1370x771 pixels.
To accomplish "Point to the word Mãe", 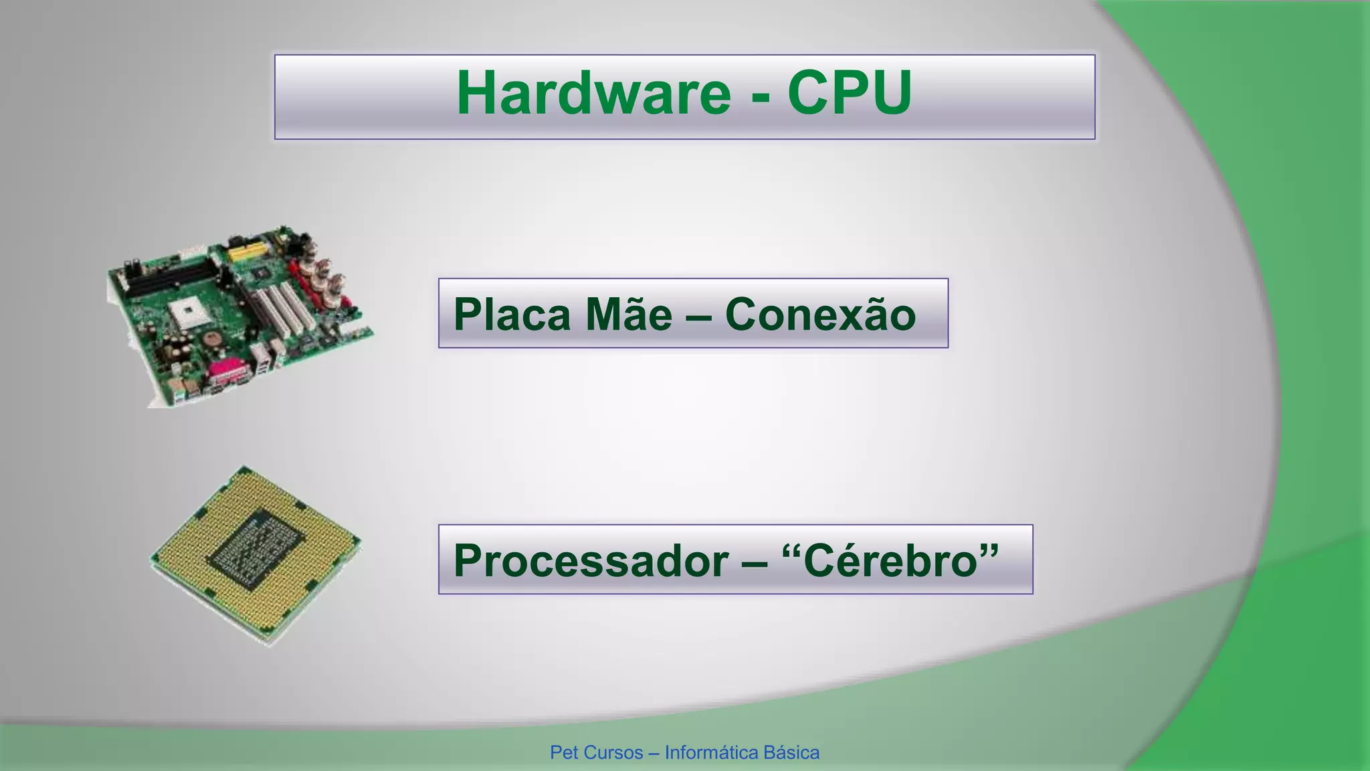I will [628, 314].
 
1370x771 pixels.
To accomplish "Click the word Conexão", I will [820, 314].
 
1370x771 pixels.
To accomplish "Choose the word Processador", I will [591, 560].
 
